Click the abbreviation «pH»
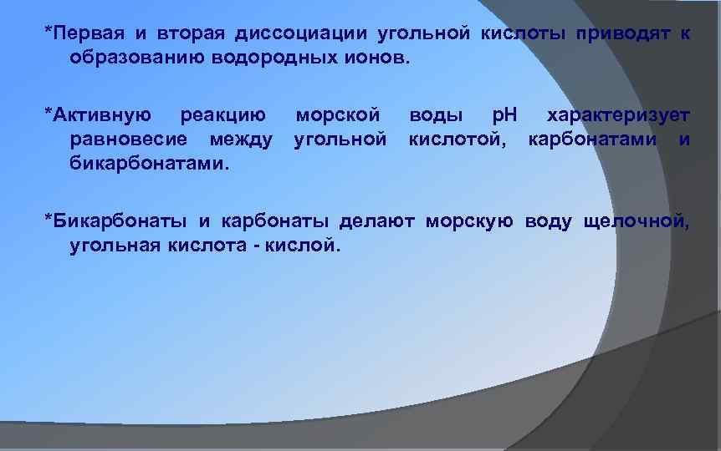(x=504, y=114)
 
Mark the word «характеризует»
(x=618, y=114)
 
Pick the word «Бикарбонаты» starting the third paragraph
(x=116, y=220)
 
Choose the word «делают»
(x=378, y=220)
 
